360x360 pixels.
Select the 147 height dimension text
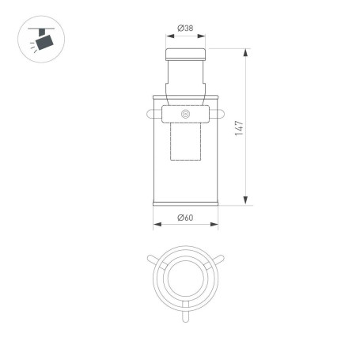point(238,128)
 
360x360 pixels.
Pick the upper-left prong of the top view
point(153,259)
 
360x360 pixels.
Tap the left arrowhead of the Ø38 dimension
point(168,36)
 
